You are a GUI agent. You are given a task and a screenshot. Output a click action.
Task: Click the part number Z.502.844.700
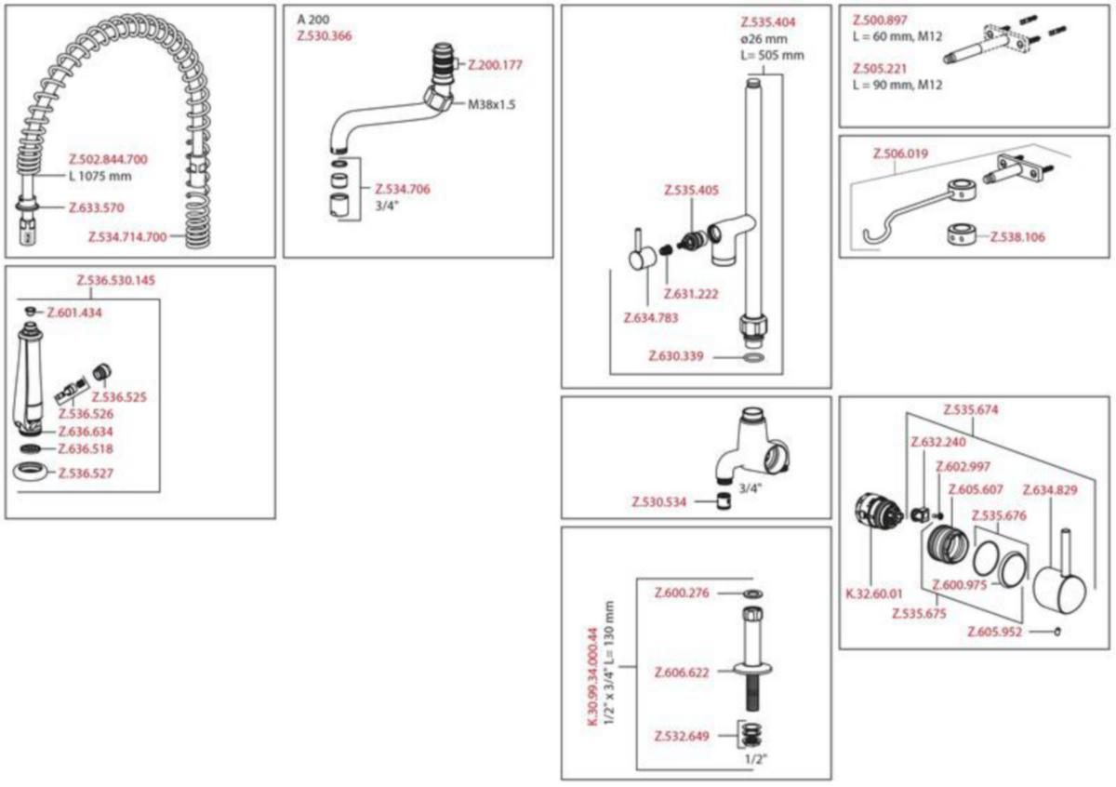[108, 159]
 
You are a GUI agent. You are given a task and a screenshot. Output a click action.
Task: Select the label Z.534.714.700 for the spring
[127, 237]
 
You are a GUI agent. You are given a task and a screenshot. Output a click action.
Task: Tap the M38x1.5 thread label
[491, 105]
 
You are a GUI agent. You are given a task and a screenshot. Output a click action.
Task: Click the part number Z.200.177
[495, 65]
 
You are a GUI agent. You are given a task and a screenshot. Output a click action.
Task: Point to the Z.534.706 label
[402, 189]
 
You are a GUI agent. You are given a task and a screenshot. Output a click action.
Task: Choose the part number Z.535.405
[692, 190]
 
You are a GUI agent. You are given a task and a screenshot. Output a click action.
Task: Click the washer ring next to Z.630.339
[753, 357]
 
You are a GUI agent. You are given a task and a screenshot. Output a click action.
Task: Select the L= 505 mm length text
[772, 55]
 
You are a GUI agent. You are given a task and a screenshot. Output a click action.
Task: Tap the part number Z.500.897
[880, 20]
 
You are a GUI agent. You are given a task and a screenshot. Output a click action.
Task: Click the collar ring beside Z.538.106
[962, 235]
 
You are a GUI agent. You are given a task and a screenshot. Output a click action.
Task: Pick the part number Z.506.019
[901, 153]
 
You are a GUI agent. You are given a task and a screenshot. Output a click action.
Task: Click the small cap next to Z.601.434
[31, 312]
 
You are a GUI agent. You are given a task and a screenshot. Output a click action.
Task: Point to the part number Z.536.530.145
[115, 280]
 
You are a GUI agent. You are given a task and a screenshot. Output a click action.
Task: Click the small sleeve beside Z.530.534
[724, 500]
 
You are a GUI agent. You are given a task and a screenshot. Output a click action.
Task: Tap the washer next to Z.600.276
[752, 594]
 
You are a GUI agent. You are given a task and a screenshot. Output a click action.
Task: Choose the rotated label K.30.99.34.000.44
[591, 676]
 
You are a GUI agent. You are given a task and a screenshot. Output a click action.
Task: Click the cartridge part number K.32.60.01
[874, 594]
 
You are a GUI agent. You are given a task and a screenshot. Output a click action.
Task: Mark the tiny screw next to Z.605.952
[1056, 632]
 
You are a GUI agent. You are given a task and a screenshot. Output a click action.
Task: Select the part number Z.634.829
[1050, 490]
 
